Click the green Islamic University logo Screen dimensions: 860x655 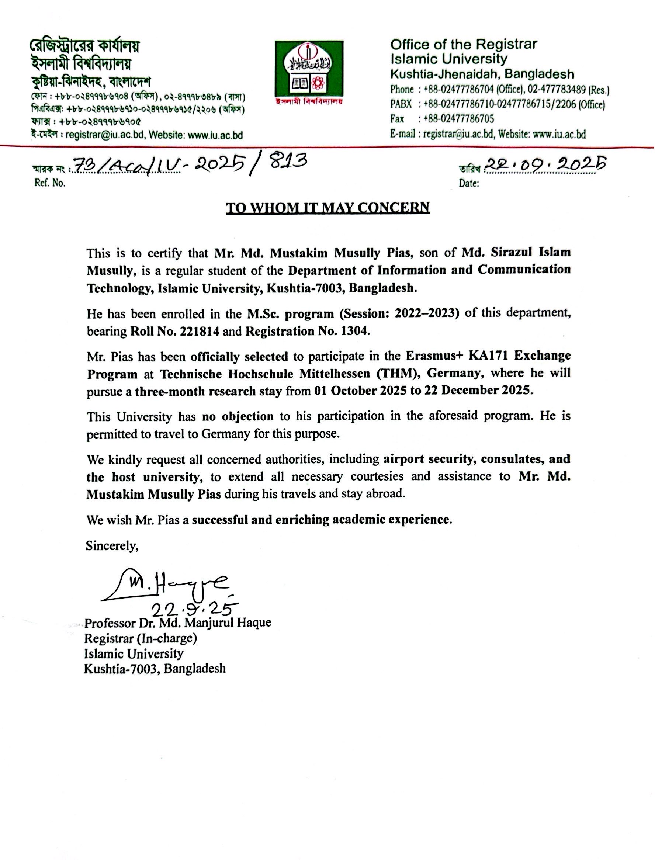(x=309, y=69)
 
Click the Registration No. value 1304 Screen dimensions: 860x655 (x=354, y=332)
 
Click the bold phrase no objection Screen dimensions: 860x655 (x=238, y=416)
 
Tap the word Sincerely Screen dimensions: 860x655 (x=112, y=546)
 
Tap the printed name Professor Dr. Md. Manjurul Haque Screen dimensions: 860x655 (x=178, y=622)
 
